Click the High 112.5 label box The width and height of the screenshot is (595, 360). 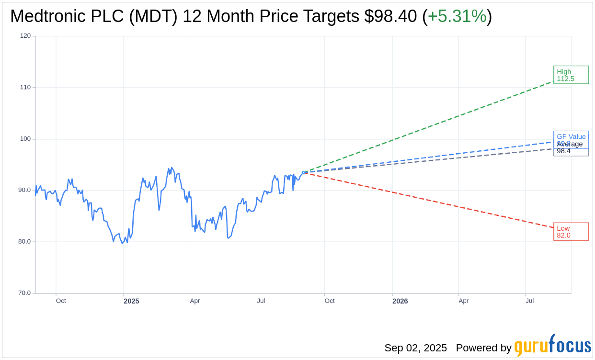pos(571,75)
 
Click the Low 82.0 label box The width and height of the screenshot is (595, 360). pos(571,232)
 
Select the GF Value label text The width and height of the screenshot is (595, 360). pos(571,136)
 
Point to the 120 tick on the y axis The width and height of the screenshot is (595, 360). pos(25,36)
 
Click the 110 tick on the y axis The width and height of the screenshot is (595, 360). pos(25,87)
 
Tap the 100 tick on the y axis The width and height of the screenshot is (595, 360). pos(25,139)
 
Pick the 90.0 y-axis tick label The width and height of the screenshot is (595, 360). pos(24,190)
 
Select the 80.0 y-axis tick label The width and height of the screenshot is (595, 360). pos(24,242)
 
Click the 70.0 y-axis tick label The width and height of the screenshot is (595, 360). pos(24,293)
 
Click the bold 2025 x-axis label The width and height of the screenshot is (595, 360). pos(131,301)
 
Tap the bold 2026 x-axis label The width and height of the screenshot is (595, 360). pos(400,301)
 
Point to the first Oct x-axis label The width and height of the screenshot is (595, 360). pos(61,301)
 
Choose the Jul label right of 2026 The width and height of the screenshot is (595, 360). pos(529,301)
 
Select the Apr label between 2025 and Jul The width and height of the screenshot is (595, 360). pos(195,301)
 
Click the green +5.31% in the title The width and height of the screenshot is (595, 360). pos(457,16)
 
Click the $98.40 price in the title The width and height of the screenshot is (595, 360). pos(390,16)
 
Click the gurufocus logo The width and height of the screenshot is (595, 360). pos(552,346)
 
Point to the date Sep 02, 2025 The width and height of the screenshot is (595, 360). pos(415,348)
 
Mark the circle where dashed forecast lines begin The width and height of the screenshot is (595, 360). pos(303,172)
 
